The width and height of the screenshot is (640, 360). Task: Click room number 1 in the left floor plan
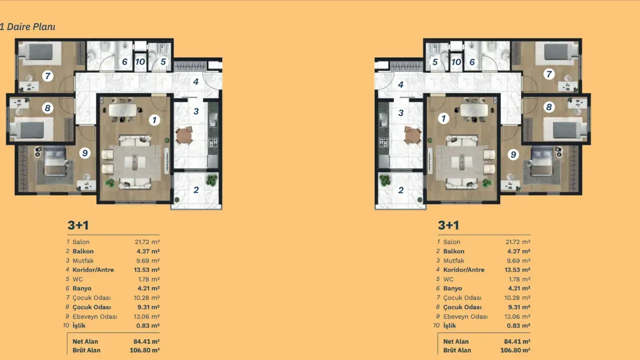(x=154, y=120)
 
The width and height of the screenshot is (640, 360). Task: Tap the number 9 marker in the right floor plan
(x=513, y=154)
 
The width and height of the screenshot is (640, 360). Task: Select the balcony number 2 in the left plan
(x=196, y=190)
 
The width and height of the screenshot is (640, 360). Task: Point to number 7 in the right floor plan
(x=549, y=74)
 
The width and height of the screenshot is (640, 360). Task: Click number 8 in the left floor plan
(x=47, y=108)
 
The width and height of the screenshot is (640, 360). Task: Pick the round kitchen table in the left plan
(x=184, y=135)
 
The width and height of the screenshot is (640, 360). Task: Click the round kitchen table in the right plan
(x=412, y=135)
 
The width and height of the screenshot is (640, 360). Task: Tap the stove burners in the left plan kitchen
(x=213, y=142)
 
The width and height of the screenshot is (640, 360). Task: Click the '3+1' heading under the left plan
(x=78, y=225)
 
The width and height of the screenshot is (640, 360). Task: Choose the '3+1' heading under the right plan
(x=448, y=225)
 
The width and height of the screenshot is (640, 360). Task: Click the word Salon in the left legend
(x=81, y=242)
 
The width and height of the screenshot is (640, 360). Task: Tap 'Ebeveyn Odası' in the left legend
(x=95, y=316)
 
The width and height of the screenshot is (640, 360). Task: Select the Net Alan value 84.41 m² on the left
(x=146, y=341)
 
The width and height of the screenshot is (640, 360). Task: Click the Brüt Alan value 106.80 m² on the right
(x=515, y=350)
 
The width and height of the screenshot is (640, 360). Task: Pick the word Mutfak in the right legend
(x=453, y=260)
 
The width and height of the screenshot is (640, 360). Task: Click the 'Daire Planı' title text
(x=31, y=27)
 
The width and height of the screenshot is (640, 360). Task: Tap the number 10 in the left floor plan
(x=140, y=61)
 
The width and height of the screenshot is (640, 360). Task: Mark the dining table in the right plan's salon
(x=474, y=109)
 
